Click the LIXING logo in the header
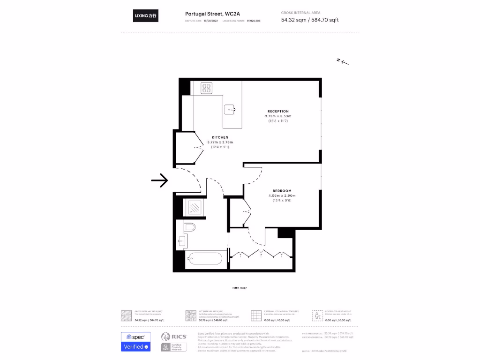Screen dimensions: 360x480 pyautogui.click(x=146, y=16)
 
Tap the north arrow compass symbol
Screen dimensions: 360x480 pyautogui.click(x=343, y=61)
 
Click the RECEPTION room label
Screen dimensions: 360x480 pyautogui.click(x=278, y=111)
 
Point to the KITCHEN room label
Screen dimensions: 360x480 pyautogui.click(x=220, y=137)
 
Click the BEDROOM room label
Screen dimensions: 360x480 pyautogui.click(x=282, y=190)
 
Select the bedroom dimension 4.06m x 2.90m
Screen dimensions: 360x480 pyautogui.click(x=282, y=195)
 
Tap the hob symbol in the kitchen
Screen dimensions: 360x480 pyautogui.click(x=207, y=88)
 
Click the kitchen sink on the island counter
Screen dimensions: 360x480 pyautogui.click(x=231, y=110)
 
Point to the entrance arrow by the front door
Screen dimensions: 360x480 pyautogui.click(x=159, y=180)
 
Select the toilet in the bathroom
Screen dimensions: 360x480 pyautogui.click(x=190, y=228)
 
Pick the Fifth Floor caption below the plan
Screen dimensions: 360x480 pyautogui.click(x=240, y=287)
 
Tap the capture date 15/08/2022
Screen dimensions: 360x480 pyautogui.click(x=211, y=21)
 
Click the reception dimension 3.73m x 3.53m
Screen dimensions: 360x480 pyautogui.click(x=278, y=116)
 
